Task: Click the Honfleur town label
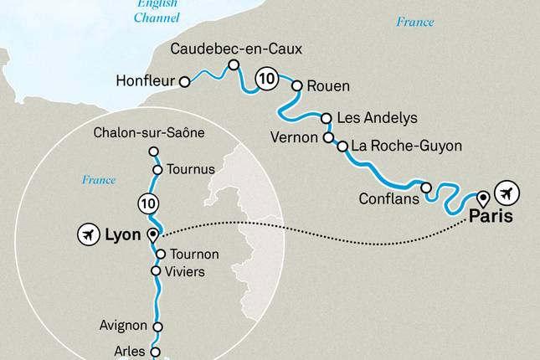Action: click(x=149, y=82)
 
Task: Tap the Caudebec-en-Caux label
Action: click(x=236, y=49)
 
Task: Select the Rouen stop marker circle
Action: click(x=296, y=85)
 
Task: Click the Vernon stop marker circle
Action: click(x=328, y=137)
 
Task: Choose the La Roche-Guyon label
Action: click(x=406, y=146)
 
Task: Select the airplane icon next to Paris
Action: click(x=507, y=193)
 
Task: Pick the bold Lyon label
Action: click(x=123, y=235)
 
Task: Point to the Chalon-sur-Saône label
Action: click(x=149, y=132)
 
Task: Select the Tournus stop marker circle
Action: click(x=157, y=169)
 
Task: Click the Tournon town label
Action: click(x=193, y=254)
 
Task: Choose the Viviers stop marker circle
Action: click(x=155, y=271)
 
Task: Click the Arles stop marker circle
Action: click(x=154, y=352)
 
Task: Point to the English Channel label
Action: click(x=157, y=11)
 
